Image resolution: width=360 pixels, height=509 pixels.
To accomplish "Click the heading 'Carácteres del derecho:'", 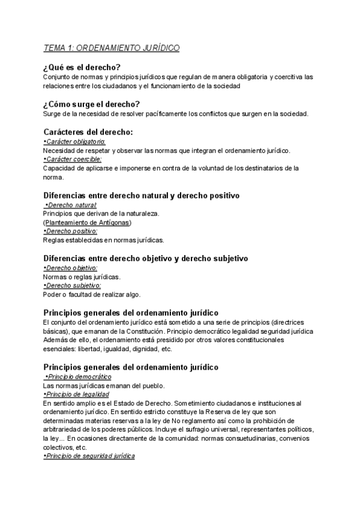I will pyautogui.click(x=88, y=131).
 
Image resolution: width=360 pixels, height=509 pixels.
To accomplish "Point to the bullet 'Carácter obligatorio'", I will pyautogui.click(x=74, y=141).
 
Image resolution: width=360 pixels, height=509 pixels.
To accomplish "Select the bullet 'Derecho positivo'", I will pyautogui.click(x=70, y=231).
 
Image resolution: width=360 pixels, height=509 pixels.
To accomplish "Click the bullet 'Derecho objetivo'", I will pyautogui.click(x=70, y=268).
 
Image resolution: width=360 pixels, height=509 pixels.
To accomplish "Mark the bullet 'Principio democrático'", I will pyautogui.click(x=78, y=376).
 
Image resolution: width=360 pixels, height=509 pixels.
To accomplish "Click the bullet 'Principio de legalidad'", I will pyautogui.click(x=76, y=394).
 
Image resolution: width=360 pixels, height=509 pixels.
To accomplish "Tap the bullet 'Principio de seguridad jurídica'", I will pyautogui.click(x=89, y=457).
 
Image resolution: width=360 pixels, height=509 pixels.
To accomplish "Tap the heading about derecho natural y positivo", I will pyautogui.click(x=142, y=195).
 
